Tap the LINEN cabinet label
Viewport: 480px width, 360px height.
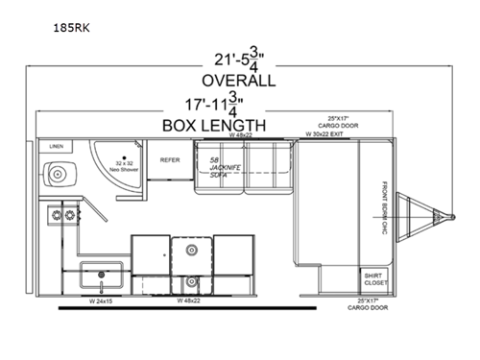[56, 146]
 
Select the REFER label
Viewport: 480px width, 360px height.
[171, 160]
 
